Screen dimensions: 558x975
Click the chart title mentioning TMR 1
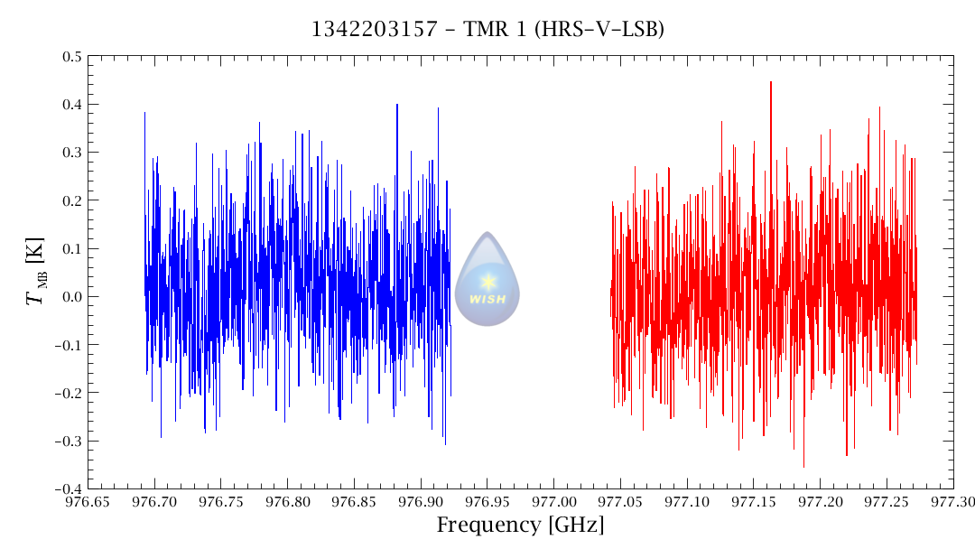pos(487,30)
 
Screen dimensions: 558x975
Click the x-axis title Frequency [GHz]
pos(520,525)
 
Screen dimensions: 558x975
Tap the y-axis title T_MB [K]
pos(37,272)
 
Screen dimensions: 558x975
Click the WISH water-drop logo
pos(487,279)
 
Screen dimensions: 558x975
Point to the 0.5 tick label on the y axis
pos(70,57)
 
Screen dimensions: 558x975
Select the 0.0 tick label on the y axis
pos(70,297)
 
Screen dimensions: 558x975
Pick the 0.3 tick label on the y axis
pos(70,153)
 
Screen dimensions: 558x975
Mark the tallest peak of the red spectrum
pos(770,83)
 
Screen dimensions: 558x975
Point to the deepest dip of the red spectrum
pos(803,466)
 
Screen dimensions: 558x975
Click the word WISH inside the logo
pos(487,300)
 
